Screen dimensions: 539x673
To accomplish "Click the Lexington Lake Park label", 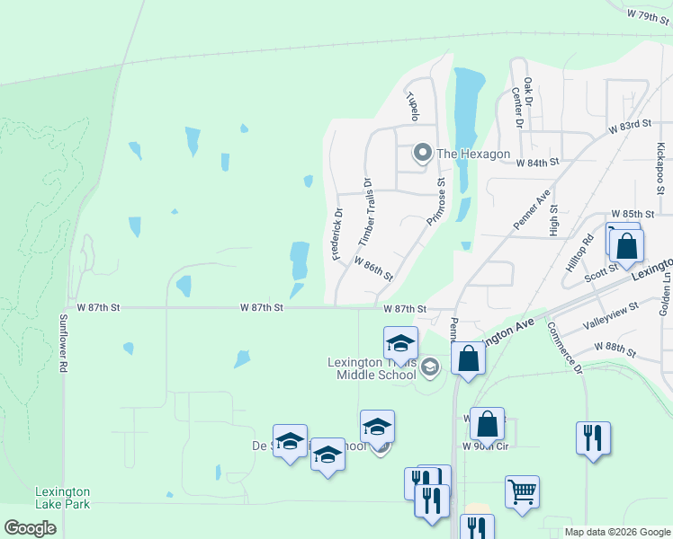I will [62, 498].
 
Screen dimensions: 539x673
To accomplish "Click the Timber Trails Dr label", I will [365, 213].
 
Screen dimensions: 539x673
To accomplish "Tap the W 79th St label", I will [651, 16].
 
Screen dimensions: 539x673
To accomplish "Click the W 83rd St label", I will [629, 127].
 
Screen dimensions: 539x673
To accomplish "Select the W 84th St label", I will [538, 163].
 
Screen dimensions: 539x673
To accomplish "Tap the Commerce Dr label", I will [565, 349].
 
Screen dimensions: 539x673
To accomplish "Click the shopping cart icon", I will [522, 491].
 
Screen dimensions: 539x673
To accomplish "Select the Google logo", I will [31, 528].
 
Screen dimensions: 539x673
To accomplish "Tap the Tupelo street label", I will [413, 105].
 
